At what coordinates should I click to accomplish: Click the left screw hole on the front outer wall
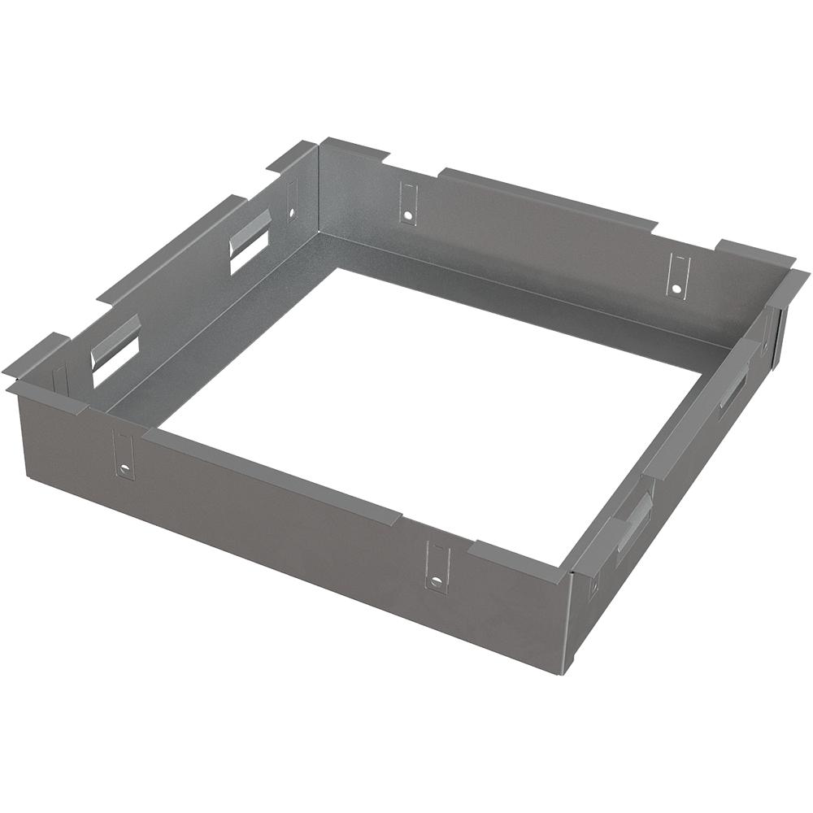124,469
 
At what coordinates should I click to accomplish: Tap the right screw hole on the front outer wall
437,580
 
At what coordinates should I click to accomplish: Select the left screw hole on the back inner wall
406,216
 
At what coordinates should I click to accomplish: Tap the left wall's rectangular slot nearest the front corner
115,347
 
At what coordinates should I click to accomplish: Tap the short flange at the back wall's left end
355,150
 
